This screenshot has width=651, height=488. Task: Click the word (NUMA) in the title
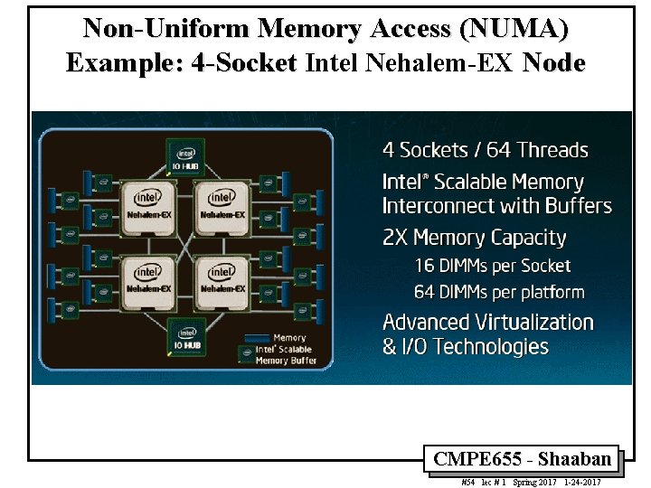click(x=514, y=29)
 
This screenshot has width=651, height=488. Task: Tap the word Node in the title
click(x=554, y=63)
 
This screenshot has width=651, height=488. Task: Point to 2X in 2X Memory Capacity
click(x=395, y=239)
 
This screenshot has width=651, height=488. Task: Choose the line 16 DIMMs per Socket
click(x=493, y=266)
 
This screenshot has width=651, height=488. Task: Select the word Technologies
click(x=489, y=347)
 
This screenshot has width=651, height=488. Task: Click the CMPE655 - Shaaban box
click(x=522, y=459)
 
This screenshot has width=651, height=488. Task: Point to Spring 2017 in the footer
click(x=533, y=483)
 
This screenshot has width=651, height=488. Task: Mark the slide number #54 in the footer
click(x=467, y=483)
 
